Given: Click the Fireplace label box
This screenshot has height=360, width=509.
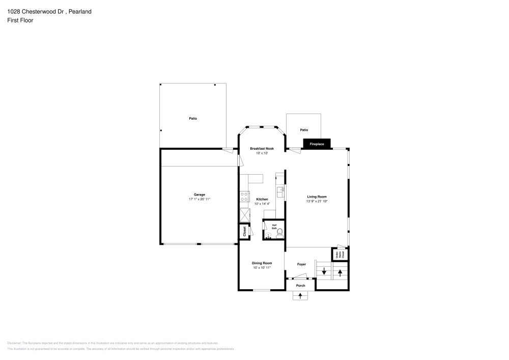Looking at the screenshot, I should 317,144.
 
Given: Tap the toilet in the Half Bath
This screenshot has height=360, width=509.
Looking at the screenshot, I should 279,232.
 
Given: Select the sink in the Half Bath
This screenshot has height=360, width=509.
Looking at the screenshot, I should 268,235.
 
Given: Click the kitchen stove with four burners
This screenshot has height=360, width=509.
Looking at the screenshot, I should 244,196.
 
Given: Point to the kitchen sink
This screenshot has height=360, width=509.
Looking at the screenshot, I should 279,191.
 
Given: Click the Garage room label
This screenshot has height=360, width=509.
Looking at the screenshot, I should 199,195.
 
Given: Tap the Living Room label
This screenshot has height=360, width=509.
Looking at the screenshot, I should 317,197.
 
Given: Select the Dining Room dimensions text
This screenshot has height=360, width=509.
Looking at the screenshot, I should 262,267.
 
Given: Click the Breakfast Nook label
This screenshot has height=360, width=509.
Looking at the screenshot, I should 262,148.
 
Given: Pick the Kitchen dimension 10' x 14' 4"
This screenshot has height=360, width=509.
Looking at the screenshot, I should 262,204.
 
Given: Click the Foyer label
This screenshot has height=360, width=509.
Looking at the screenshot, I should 301,264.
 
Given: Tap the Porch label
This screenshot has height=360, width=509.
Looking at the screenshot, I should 301,285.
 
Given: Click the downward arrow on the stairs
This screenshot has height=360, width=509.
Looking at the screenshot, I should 324,272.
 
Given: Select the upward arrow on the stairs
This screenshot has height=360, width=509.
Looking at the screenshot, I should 340,272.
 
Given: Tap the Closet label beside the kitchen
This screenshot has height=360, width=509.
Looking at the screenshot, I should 244,232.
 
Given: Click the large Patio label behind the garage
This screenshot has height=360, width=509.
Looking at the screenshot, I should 193,119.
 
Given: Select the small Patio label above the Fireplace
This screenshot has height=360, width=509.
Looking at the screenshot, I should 304,130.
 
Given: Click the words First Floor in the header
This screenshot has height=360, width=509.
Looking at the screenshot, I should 20,20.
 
